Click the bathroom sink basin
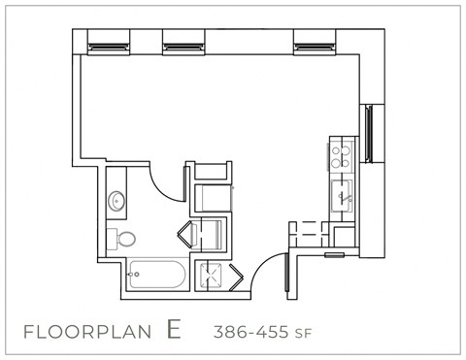coord(116,202)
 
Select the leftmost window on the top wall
coord(107,45)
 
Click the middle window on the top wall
coord(183,45)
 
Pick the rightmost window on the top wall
coord(316,45)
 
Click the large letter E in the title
coord(173,329)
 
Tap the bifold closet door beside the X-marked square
coord(236,275)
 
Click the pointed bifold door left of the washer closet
coord(185,232)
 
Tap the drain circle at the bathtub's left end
coord(135,275)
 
